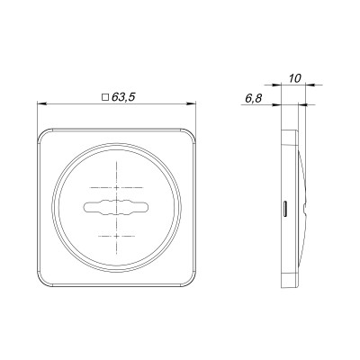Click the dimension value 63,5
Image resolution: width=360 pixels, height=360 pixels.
coord(123,97)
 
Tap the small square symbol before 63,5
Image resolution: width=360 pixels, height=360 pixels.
coord(105,97)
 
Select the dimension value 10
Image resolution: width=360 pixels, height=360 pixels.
coord(295,78)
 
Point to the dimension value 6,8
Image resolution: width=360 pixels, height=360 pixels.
coord(254,98)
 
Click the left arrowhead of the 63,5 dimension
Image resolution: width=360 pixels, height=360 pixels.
coord(41,103)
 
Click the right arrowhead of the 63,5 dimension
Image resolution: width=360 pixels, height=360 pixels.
coord(192,103)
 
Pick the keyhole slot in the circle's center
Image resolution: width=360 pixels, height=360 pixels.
coord(116,207)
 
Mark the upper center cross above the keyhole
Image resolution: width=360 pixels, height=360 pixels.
coord(116,188)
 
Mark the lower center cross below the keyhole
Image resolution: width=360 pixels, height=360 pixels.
coord(116,237)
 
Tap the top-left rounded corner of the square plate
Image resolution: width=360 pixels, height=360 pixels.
coord(42,134)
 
